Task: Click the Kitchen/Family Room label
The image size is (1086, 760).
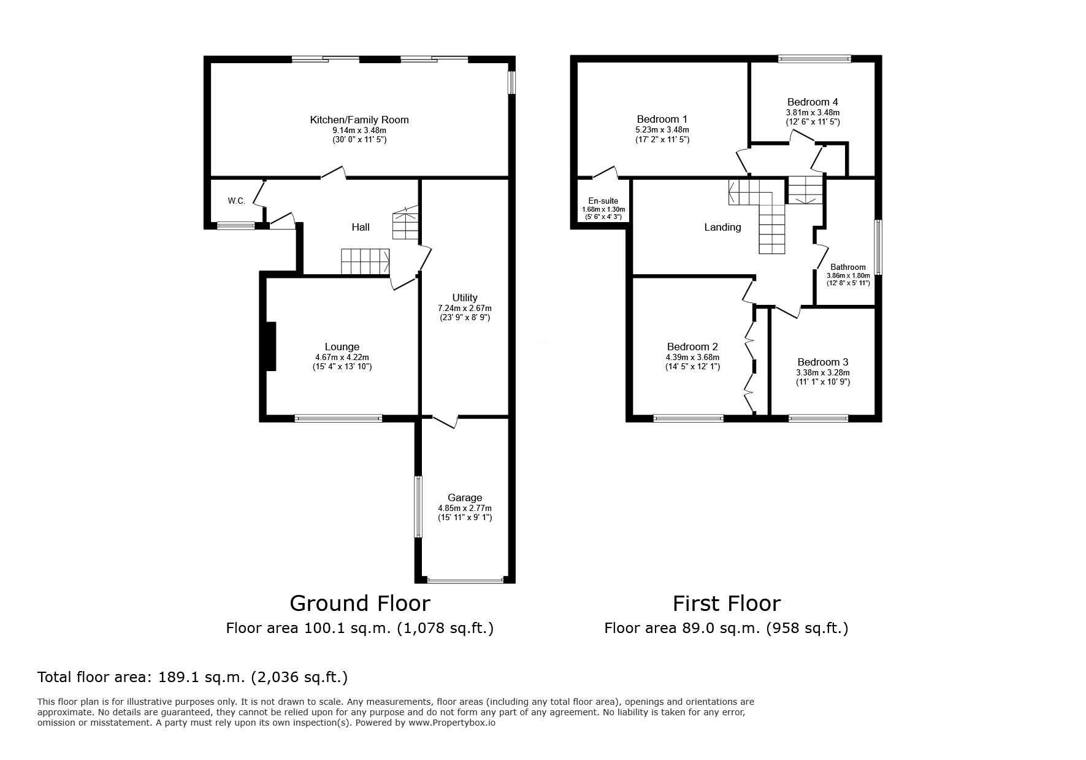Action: coord(359,120)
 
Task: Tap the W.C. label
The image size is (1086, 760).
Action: coord(237,201)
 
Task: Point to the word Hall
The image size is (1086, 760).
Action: coord(361,227)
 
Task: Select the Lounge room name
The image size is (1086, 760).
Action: coord(342,347)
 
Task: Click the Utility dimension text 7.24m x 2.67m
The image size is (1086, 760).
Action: coord(465,309)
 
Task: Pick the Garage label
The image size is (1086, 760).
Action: coord(465,498)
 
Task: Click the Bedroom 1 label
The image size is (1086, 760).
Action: coord(662,120)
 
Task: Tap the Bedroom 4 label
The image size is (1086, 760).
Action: coord(813,102)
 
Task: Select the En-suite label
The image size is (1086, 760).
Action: coord(603,201)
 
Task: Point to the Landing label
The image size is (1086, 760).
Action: coord(722,228)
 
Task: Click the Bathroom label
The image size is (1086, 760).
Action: coord(848,267)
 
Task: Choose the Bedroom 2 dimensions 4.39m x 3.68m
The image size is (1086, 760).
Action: coord(693,358)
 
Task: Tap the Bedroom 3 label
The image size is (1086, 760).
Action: coord(823,363)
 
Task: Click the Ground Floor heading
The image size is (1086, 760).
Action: coord(360,604)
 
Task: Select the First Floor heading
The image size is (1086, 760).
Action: coord(727,604)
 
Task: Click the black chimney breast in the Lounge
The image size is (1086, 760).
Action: coord(271,347)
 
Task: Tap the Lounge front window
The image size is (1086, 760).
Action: coord(338,418)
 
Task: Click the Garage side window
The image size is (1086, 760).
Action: coord(418,507)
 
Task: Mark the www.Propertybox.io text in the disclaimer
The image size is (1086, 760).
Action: coord(452,723)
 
